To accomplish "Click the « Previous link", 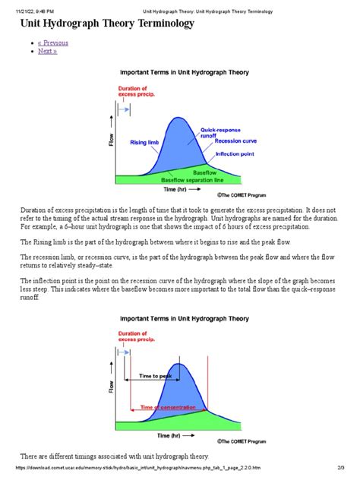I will click(x=54, y=43).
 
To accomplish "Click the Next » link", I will click(x=47, y=52).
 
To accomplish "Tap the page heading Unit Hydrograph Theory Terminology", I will click(x=106, y=24).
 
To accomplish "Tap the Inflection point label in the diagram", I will click(x=235, y=153).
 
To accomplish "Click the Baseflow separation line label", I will click(x=193, y=180).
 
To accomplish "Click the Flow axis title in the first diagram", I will click(x=112, y=141).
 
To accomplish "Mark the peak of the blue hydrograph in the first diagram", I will click(x=178, y=117).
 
